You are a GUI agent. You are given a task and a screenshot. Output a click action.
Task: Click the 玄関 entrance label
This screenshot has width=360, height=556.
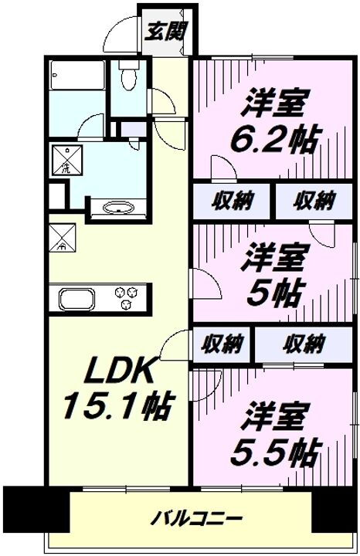(x=165, y=33)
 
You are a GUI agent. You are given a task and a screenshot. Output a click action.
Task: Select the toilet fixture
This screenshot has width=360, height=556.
(x=128, y=77)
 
